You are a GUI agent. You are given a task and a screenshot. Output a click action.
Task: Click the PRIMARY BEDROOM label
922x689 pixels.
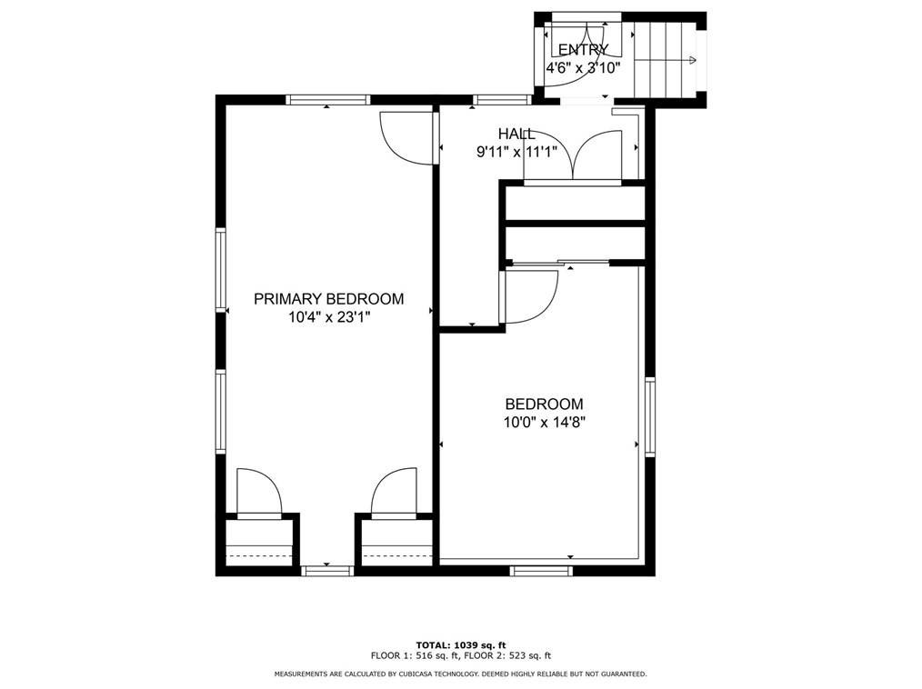(328, 298)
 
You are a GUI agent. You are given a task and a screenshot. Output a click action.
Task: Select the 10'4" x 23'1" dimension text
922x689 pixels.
(328, 317)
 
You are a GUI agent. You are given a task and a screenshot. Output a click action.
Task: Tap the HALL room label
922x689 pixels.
(516, 134)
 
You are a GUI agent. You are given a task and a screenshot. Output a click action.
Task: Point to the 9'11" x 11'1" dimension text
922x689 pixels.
(516, 153)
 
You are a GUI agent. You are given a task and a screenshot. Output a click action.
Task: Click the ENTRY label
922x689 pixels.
(583, 50)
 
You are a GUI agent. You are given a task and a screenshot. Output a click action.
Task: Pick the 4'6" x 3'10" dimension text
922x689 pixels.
(583, 68)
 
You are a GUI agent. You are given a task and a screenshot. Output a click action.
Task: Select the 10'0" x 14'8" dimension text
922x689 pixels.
(544, 422)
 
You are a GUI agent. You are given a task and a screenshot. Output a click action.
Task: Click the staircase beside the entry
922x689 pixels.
(666, 60)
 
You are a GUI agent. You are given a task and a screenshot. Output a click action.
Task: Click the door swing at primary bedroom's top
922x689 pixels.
(406, 137)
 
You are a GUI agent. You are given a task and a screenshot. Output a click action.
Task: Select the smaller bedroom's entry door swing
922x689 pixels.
(530, 296)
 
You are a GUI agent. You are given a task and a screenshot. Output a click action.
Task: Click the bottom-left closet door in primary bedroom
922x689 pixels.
(258, 493)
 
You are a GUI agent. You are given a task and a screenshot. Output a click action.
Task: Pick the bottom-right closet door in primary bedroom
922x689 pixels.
(395, 493)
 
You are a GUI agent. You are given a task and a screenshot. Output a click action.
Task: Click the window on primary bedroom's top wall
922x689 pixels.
(327, 100)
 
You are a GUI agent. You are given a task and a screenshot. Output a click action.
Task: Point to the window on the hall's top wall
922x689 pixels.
(502, 100)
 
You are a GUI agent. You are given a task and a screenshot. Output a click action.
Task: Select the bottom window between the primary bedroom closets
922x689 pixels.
(327, 571)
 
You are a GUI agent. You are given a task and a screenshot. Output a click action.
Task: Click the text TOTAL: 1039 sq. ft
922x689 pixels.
(460, 644)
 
